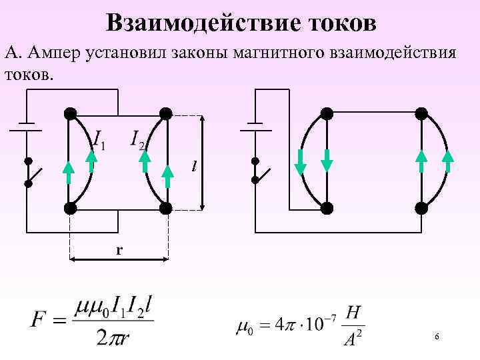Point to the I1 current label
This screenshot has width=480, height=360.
[x=98, y=139]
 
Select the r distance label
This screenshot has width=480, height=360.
[x=119, y=249]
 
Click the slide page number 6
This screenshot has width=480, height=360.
[x=436, y=337]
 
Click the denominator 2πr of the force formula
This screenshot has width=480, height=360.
[x=113, y=337]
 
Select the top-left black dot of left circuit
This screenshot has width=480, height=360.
[x=69, y=113]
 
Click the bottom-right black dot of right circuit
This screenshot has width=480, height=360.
[x=421, y=208]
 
